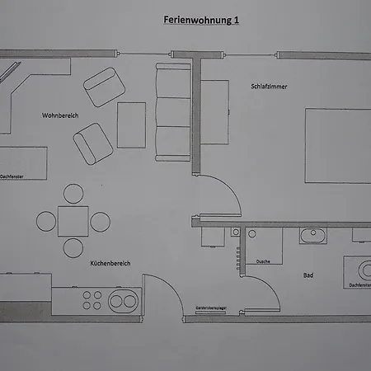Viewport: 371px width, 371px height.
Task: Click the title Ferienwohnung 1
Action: [x=201, y=20]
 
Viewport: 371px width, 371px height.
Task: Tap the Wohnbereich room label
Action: [x=60, y=115]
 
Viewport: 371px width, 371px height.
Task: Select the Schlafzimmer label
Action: [x=269, y=87]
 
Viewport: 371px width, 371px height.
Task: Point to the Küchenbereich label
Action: [x=110, y=263]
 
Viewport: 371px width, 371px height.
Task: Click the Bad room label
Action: [x=308, y=275]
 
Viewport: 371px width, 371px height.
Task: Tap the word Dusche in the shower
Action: [x=263, y=261]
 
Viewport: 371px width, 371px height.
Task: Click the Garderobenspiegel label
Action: [x=211, y=308]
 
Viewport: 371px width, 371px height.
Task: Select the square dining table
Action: [x=73, y=221]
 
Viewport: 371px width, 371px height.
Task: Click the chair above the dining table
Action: [x=73, y=194]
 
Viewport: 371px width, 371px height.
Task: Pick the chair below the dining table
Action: [x=73, y=248]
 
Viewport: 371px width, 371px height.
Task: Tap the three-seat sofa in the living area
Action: [x=173, y=112]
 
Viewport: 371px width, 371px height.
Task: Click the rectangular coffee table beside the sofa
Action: [x=131, y=125]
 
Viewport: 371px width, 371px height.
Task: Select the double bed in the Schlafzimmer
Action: [x=338, y=146]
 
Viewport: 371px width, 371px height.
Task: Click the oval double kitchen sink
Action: [x=123, y=301]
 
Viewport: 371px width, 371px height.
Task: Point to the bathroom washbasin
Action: [x=313, y=236]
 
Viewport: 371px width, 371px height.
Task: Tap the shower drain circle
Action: [x=252, y=234]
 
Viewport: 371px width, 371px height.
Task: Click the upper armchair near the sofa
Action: [x=104, y=87]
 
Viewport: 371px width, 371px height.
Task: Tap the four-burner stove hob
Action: [x=92, y=300]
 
